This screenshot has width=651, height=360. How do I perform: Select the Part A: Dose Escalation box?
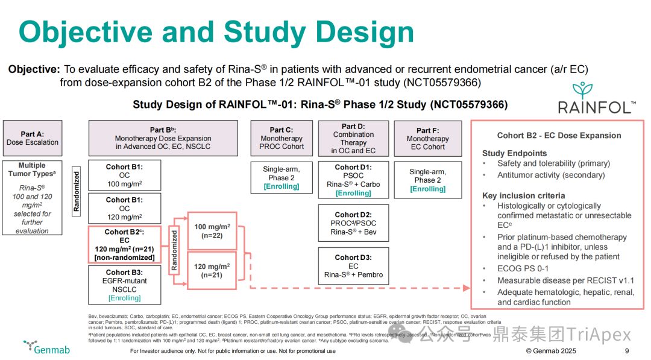coord(33,138)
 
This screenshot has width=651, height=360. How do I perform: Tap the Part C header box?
coord(281,138)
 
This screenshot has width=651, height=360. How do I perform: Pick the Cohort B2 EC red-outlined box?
coord(124,244)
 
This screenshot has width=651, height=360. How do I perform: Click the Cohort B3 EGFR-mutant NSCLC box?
coord(124,285)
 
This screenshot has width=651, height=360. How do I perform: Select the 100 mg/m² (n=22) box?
coord(212,232)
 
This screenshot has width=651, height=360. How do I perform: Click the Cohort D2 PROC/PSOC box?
coord(353,223)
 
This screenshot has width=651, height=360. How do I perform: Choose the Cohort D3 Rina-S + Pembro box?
coord(353,266)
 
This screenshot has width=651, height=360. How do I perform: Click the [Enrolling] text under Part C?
coord(281,186)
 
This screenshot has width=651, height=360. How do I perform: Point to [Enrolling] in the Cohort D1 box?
coord(353,193)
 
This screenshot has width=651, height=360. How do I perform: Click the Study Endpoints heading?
coord(514,153)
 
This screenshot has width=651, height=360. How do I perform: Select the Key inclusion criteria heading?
coord(523,195)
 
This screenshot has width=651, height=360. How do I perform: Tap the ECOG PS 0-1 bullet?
coord(522,268)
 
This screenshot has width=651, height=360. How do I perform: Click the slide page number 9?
coord(627,351)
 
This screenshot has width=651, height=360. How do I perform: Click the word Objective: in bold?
coord(34,69)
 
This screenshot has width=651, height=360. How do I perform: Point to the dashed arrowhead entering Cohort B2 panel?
coord(467,288)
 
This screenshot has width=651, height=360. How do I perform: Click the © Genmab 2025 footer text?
coord(551,351)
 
